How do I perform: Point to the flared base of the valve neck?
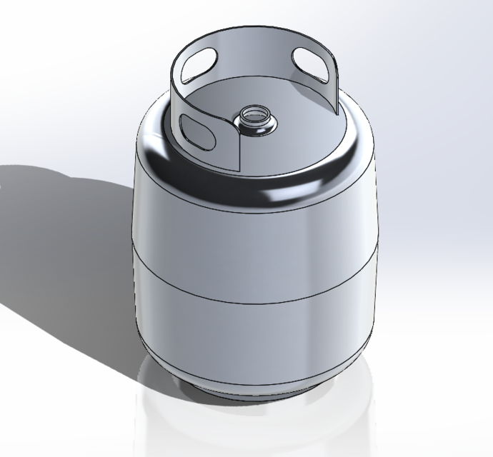(255, 131)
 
